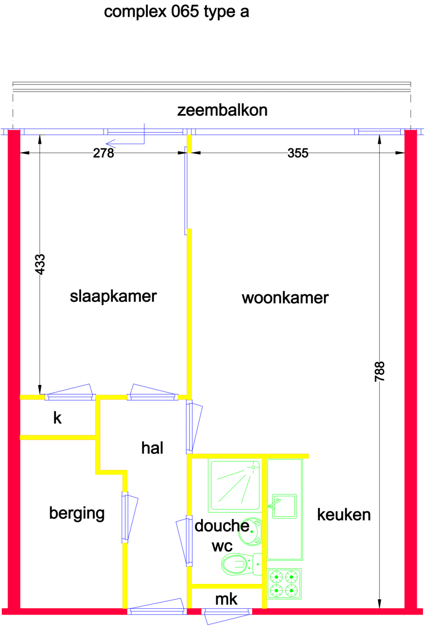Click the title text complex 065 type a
(x=176, y=12)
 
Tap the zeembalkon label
(x=222, y=110)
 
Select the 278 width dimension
(x=104, y=153)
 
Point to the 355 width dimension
(x=298, y=153)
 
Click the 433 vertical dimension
(x=40, y=264)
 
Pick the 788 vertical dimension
(x=380, y=371)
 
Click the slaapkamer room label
(x=113, y=297)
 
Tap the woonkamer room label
(x=285, y=298)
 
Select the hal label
(x=152, y=448)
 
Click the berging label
(x=77, y=513)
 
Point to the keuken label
(x=344, y=515)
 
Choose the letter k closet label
(x=57, y=418)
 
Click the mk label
(x=226, y=599)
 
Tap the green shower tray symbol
(x=235, y=486)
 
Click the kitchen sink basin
(x=284, y=506)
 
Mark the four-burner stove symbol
(x=284, y=584)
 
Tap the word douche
(x=221, y=526)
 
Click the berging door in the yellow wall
(x=125, y=517)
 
